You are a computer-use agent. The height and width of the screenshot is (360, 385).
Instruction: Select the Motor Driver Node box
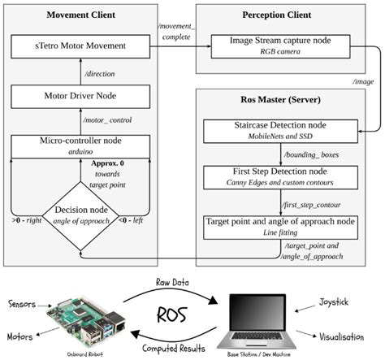[x=86, y=93]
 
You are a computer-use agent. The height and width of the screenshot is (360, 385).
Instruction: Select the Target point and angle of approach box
[x=286, y=226]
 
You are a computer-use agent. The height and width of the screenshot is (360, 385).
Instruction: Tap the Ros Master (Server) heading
[x=285, y=101]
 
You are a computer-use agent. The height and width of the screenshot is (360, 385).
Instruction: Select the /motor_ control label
[x=110, y=120]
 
